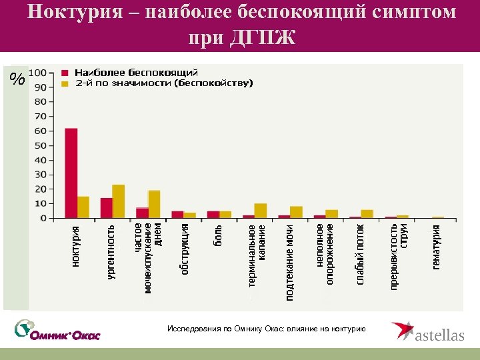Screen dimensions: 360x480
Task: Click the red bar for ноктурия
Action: pyautogui.click(x=71, y=173)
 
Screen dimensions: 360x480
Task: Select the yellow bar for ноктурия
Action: pyautogui.click(x=83, y=207)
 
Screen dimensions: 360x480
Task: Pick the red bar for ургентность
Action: pyautogui.click(x=107, y=208)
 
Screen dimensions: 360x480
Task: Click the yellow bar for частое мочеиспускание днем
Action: pyautogui.click(x=154, y=204)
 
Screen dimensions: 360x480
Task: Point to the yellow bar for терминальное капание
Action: pyautogui.click(x=261, y=211)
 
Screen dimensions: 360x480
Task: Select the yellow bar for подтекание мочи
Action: pyautogui.click(x=296, y=212)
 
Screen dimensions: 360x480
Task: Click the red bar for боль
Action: pyautogui.click(x=213, y=215)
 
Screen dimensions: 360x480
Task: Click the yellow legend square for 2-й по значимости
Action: pyautogui.click(x=65, y=83)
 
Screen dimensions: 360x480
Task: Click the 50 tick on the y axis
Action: pyautogui.click(x=41, y=145)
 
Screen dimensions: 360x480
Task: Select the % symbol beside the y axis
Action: pyautogui.click(x=17, y=80)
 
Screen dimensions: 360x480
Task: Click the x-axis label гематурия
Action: pyautogui.click(x=437, y=247)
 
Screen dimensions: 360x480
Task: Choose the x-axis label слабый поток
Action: pyautogui.click(x=361, y=254)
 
